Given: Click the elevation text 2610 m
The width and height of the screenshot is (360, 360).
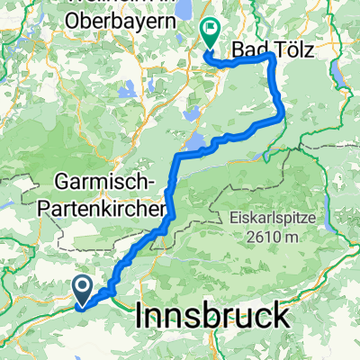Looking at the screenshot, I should click(x=267, y=238).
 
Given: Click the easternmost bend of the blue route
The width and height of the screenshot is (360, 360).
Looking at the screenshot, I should click(x=284, y=112).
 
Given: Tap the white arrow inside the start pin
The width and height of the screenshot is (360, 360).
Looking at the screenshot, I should click(x=81, y=286).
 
